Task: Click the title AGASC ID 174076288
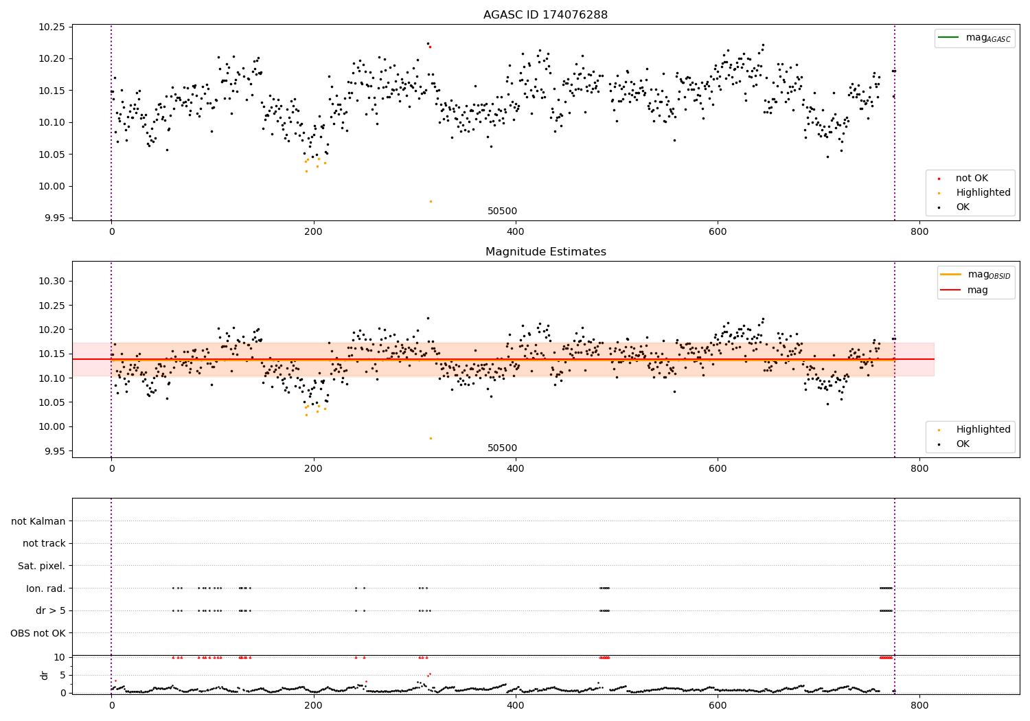545,15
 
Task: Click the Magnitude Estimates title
545,252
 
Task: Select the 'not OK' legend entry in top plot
972,179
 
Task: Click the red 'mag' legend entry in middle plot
977,290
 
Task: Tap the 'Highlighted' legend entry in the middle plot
983,429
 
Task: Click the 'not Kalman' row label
38,521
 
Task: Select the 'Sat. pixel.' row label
41,566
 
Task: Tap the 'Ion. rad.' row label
45,588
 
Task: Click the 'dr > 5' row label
51,610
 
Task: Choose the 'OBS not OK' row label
38,633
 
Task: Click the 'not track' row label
44,543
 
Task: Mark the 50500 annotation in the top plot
502,211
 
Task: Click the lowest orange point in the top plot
431,201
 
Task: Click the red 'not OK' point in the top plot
430,47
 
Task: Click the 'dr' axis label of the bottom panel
45,675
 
